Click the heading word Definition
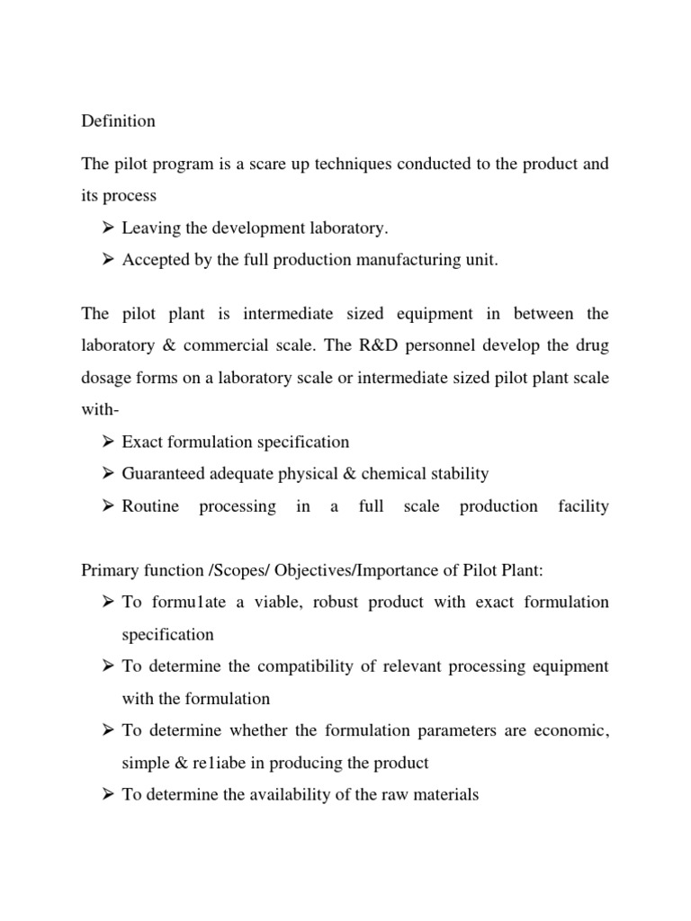(118, 121)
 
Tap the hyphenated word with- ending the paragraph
(100, 409)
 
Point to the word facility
(583, 505)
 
